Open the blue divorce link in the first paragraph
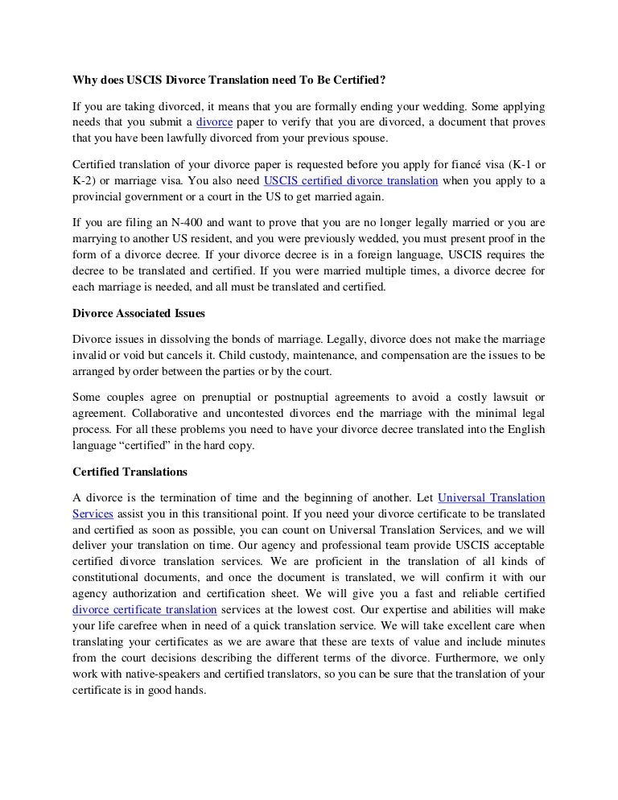click(x=215, y=122)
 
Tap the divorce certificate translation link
click(x=145, y=610)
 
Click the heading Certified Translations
click(x=130, y=472)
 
